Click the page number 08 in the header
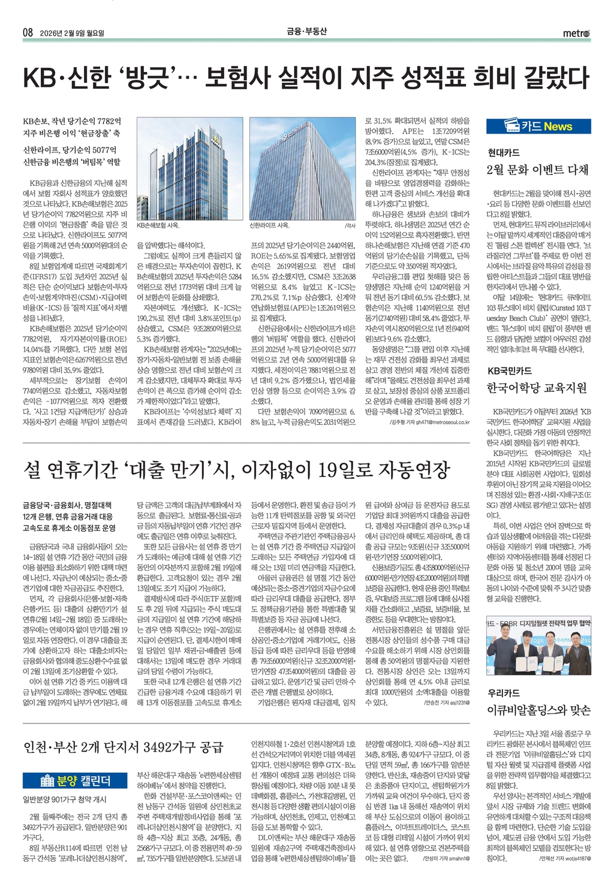28,32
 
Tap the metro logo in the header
576,33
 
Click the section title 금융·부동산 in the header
306,32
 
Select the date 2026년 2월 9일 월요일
71,33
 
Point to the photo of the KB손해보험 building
189,168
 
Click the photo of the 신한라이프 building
302,168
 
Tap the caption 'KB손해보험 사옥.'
158,226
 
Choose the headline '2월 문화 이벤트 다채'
538,170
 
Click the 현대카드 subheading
503,153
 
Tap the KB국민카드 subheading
509,370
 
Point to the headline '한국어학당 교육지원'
537,388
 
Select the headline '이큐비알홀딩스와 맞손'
538,710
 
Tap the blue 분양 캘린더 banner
75,780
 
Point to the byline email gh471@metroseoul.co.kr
443,422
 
